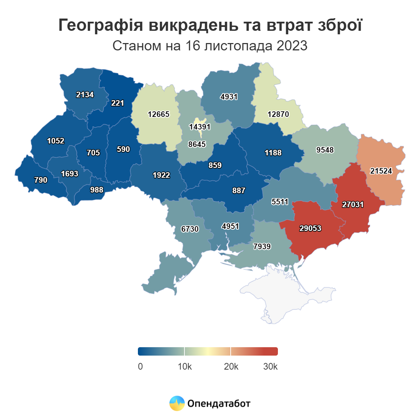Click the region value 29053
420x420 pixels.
point(310,229)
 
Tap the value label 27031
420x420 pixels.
point(353,204)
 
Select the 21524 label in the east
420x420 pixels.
point(381,171)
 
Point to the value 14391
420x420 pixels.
point(200,127)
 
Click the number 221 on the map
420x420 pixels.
point(118,103)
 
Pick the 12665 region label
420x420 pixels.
point(159,114)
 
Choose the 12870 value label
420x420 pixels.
point(278,114)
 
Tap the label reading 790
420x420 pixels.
point(41,180)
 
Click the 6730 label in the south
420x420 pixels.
point(190,229)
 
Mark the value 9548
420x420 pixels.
point(325,150)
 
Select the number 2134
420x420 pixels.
point(85,94)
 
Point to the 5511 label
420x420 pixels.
point(280,202)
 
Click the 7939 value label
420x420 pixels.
point(262,246)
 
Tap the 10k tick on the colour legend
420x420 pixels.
point(184,366)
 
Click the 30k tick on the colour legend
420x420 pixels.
point(270,366)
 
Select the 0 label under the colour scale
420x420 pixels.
point(140,366)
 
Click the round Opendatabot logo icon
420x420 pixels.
point(177,403)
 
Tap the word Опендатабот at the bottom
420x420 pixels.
point(219,404)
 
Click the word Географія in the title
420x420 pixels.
point(101,25)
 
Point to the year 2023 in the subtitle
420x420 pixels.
point(292,46)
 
